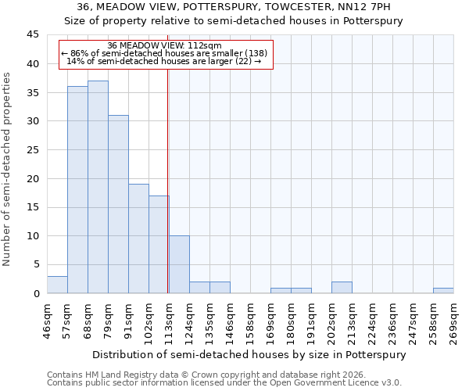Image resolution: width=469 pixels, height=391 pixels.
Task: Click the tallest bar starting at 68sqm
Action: [x=98, y=188]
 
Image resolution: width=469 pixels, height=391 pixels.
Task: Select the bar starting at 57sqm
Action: [x=77, y=190]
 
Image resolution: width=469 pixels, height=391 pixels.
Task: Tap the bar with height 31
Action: [x=118, y=204]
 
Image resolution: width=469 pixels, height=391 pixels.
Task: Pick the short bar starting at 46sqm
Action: [x=57, y=285]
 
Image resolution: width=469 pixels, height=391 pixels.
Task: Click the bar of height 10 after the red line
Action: [x=179, y=264]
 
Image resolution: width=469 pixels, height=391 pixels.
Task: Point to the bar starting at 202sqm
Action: [x=342, y=288]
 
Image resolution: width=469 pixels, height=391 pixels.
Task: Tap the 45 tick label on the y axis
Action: [x=33, y=35]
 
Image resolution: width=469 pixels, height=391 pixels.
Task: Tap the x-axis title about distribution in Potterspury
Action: [x=249, y=354]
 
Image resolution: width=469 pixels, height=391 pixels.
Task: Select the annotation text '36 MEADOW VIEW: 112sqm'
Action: [x=165, y=45]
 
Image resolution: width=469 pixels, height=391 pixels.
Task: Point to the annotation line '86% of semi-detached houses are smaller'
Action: [x=165, y=53]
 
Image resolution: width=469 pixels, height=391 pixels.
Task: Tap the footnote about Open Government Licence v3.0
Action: [x=224, y=383]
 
